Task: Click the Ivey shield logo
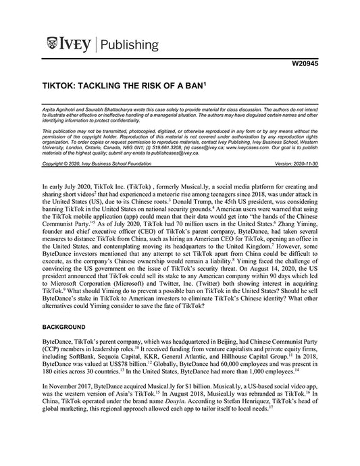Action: [53, 45]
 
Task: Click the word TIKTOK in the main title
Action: [63, 88]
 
